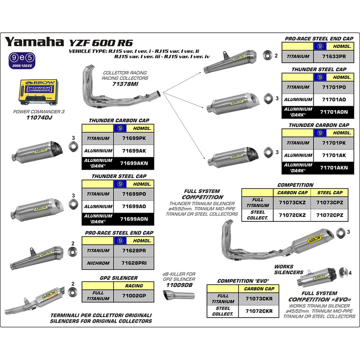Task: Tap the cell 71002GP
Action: [134, 296]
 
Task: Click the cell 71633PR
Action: [334, 57]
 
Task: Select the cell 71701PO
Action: [334, 87]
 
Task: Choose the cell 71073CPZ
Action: [330, 202]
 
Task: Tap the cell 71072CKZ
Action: [292, 216]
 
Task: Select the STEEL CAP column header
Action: [330, 192]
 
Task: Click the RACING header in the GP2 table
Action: [134, 286]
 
